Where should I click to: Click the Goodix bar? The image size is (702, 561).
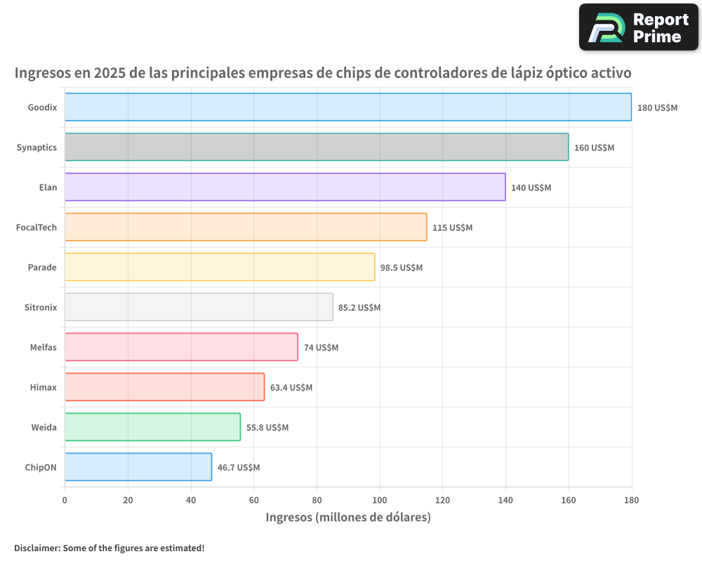347,107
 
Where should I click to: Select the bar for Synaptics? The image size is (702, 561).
316,147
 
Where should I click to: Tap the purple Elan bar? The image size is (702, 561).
284,187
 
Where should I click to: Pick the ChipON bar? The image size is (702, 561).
138,467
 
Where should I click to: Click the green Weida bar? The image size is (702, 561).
152,427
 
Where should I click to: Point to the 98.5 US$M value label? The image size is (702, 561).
402,268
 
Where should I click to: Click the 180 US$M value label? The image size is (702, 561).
657,108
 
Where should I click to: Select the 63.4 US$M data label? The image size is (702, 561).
291,388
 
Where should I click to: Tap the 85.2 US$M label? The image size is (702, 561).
359,308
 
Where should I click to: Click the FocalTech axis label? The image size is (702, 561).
37,227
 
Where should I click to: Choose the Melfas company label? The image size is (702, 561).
42,347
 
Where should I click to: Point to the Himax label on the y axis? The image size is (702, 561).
44,387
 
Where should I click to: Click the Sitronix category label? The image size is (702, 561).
41,307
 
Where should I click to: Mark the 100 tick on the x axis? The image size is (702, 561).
380,501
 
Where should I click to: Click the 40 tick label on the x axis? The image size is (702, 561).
191,501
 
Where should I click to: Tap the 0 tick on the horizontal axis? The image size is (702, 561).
65,501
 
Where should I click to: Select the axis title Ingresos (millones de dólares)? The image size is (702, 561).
347,518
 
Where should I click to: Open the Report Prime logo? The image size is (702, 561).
639,27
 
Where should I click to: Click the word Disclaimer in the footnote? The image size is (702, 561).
37,548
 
